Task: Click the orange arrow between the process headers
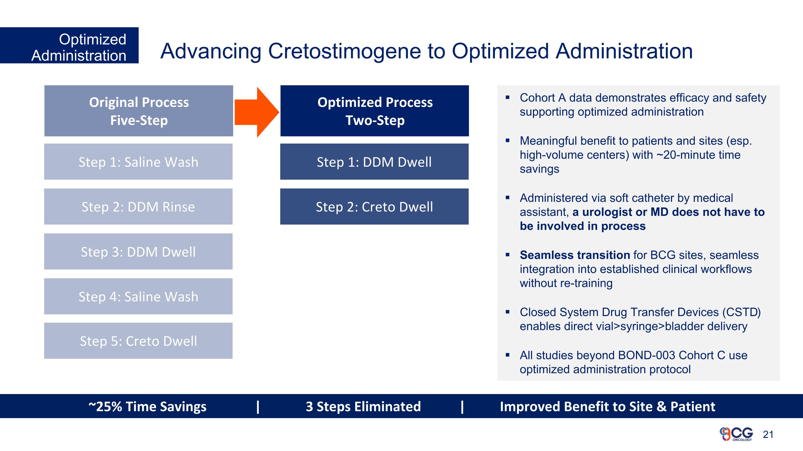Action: pyautogui.click(x=256, y=112)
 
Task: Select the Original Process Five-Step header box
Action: pyautogui.click(x=139, y=111)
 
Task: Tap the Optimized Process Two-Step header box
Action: pyautogui.click(x=374, y=111)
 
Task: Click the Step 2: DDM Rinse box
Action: pyautogui.click(x=138, y=207)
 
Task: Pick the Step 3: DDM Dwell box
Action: pyautogui.click(x=138, y=252)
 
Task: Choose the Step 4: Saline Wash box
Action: pyautogui.click(x=138, y=296)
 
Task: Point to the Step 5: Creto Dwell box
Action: pyautogui.click(x=138, y=341)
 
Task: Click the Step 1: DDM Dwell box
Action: pyautogui.click(x=374, y=161)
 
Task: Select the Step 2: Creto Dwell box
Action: pyautogui.click(x=374, y=207)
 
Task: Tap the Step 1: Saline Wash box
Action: pyautogui.click(x=138, y=161)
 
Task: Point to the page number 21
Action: pyautogui.click(x=768, y=434)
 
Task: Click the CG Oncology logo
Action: pyautogui.click(x=736, y=434)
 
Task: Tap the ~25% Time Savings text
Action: pyautogui.click(x=147, y=407)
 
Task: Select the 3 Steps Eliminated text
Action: pyautogui.click(x=363, y=407)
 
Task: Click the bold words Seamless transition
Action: pyautogui.click(x=574, y=255)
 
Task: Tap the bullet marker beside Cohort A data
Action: pyautogui.click(x=507, y=97)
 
